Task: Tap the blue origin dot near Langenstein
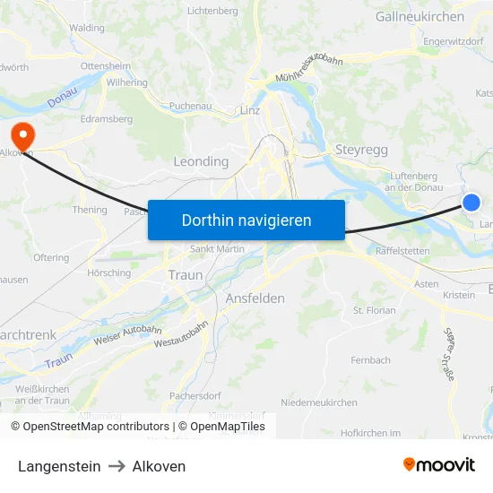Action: pos(471,203)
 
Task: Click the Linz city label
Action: pos(250,110)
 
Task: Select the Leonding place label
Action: pos(200,161)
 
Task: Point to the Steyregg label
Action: pos(361,150)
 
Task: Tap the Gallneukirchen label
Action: pos(419,16)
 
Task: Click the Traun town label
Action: pos(186,275)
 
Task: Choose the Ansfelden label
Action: pos(255,298)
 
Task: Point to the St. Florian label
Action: pos(375,311)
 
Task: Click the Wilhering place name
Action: pos(126,82)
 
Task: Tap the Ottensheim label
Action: pos(105,66)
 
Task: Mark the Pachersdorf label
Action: pos(195,395)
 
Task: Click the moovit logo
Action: pos(438,465)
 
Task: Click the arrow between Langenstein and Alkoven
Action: pos(116,466)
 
